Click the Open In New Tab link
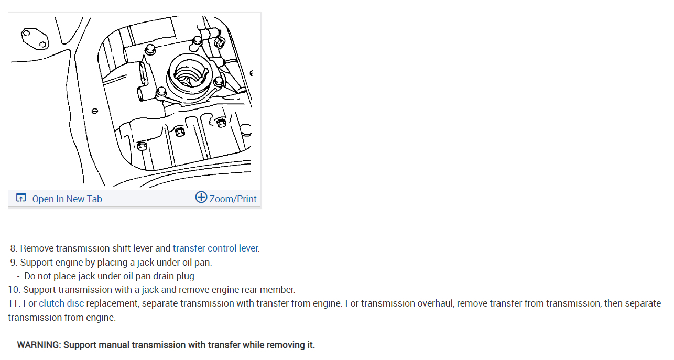[67, 199]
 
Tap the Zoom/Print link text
[233, 199]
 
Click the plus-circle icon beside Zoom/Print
[201, 197]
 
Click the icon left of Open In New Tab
[21, 198]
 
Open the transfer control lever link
[215, 248]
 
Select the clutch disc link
[61, 303]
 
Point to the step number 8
[13, 248]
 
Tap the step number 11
[13, 303]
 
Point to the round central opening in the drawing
[189, 73]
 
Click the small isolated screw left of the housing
[95, 111]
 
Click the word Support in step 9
[37, 262]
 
